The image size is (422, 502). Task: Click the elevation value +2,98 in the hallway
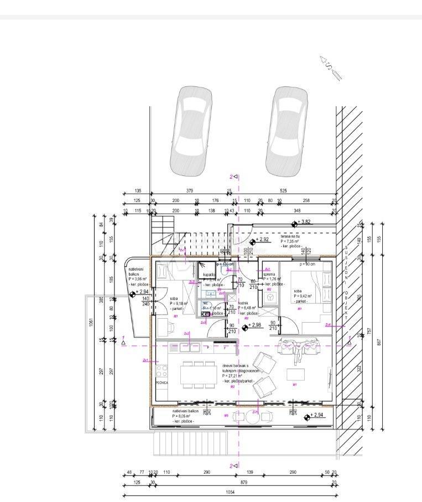(255, 325)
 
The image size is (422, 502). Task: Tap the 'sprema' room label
(269, 274)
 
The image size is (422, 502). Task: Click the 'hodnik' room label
(244, 304)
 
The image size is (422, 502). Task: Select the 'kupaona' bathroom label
(209, 275)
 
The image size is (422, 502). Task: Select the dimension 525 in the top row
(284, 192)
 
